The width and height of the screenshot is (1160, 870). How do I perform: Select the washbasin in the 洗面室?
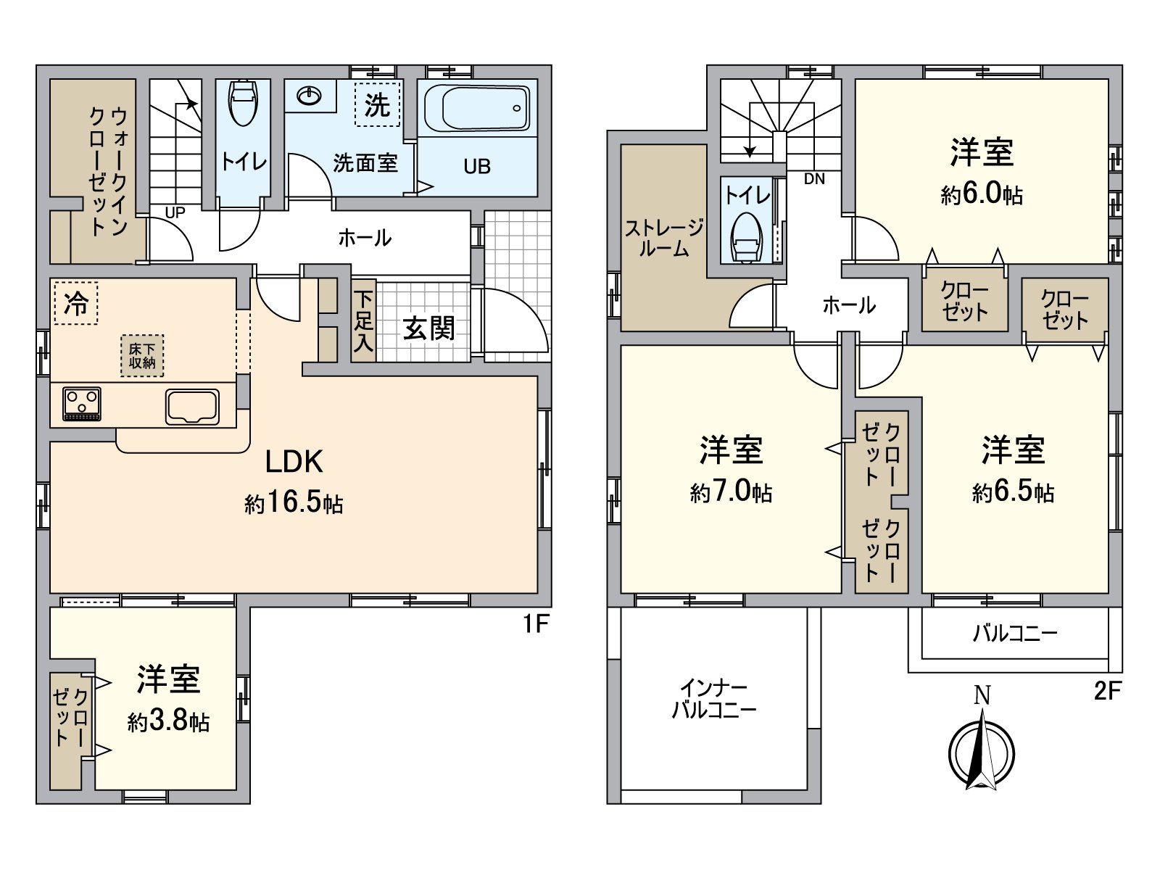[x=310, y=95]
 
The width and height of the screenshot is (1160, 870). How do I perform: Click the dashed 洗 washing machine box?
[x=377, y=106]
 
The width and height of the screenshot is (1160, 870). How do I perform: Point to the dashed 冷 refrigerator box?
[x=75, y=303]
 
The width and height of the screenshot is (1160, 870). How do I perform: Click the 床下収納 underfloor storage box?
[x=142, y=356]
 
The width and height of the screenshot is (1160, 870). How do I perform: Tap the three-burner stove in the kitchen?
[x=82, y=404]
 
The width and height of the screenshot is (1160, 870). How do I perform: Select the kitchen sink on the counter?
[x=192, y=406]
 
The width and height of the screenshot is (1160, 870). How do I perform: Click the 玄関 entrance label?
[x=428, y=329]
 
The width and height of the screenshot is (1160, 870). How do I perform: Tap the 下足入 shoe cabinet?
[x=364, y=320]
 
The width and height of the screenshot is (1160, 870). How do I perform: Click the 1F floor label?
[x=536, y=623]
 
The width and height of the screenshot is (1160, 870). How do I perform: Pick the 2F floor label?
[x=1107, y=691]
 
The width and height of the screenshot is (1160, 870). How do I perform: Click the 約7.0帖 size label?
[x=731, y=492]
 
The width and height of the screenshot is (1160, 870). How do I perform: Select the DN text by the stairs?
[x=814, y=179]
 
